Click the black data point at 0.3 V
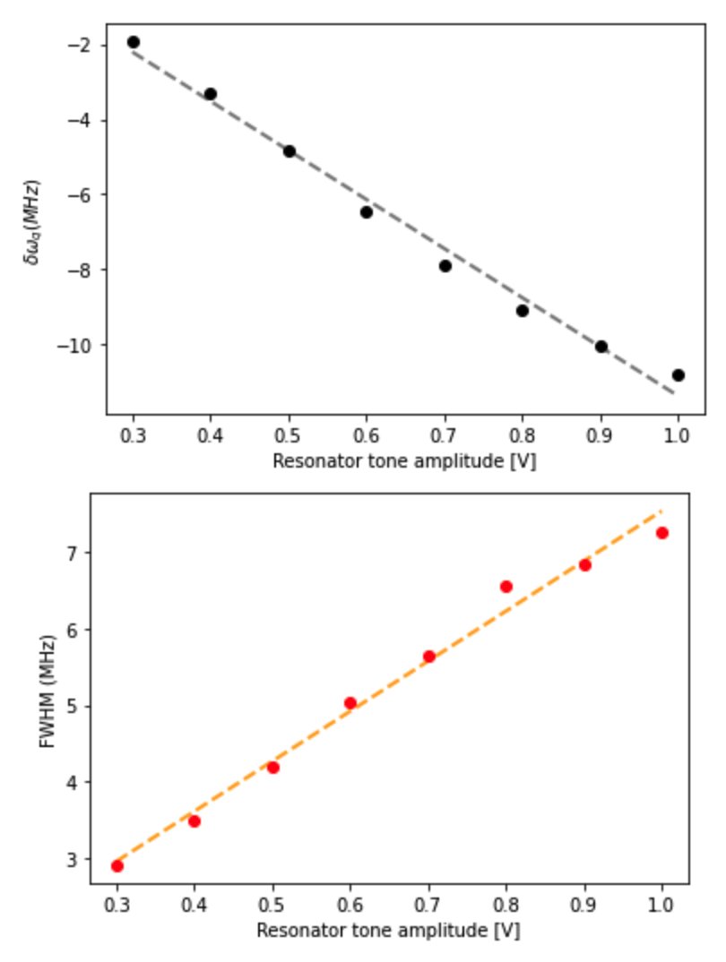point(134,42)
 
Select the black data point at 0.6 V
point(367,212)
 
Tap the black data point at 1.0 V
point(678,375)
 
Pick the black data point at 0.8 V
point(523,311)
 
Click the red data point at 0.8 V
point(506,587)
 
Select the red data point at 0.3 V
point(117,866)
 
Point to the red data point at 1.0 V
point(662,533)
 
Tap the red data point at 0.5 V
point(273,768)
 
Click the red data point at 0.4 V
point(194,821)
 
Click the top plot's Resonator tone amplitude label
point(405,462)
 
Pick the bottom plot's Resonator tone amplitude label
point(388,931)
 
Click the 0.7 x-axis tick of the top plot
point(445,436)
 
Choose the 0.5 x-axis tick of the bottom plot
point(273,905)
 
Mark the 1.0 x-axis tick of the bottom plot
point(662,905)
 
